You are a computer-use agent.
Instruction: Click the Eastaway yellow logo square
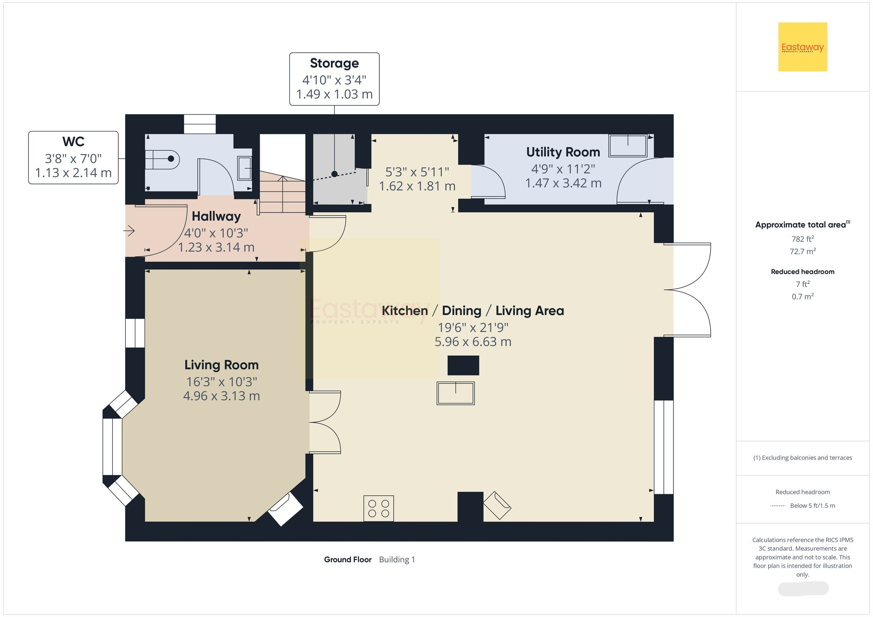point(802,47)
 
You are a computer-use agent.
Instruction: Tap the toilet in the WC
point(163,159)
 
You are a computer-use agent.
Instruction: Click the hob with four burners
point(378,508)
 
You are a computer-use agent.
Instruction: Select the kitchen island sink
point(455,393)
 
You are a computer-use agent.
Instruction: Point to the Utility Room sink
point(628,145)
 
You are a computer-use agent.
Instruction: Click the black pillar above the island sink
point(463,365)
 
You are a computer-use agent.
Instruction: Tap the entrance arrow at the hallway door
point(130,230)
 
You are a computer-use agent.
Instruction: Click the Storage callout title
point(334,64)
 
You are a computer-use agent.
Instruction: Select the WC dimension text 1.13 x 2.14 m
point(73,173)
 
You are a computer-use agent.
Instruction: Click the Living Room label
point(221,365)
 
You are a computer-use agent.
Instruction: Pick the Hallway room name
point(216,216)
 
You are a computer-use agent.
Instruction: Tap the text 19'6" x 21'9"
point(473,328)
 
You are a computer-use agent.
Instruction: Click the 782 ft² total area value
point(802,239)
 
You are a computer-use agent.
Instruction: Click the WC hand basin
point(244,168)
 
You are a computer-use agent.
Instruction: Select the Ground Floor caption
point(347,559)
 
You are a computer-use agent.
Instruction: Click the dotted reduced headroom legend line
point(778,506)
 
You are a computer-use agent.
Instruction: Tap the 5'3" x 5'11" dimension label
point(417,172)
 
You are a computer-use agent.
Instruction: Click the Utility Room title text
point(563,152)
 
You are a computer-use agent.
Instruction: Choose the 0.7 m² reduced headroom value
point(802,297)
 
